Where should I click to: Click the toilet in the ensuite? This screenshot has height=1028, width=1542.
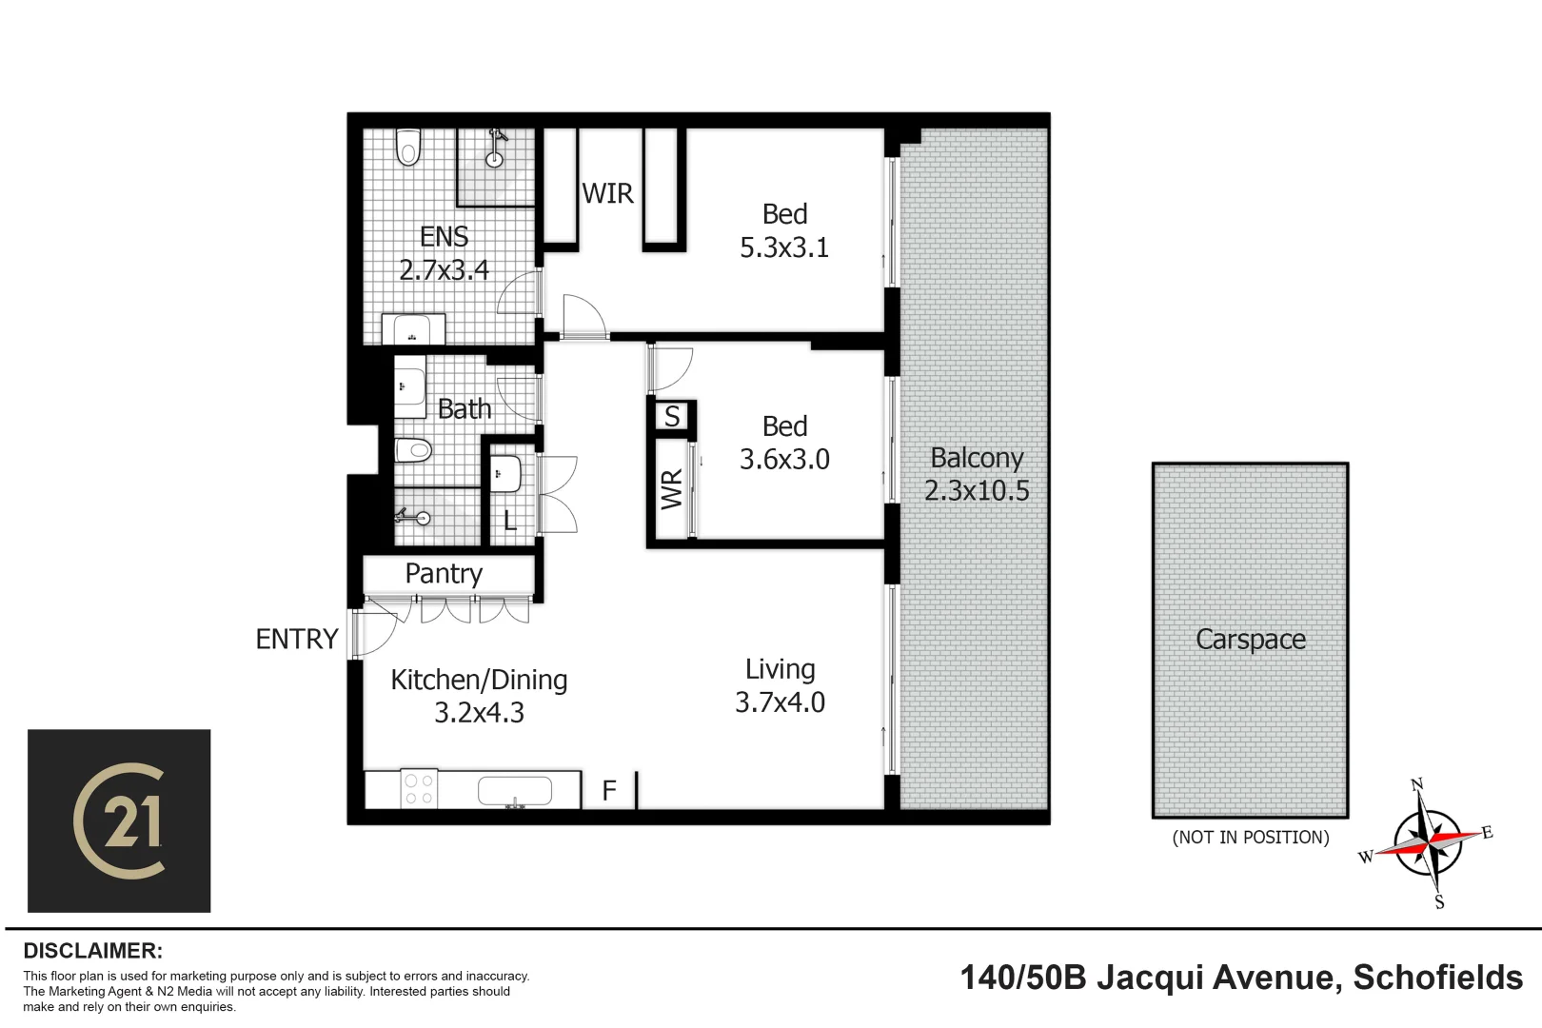point(408,148)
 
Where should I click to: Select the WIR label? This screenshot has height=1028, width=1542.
point(607,193)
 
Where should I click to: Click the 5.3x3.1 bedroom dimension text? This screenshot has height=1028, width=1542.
point(784,247)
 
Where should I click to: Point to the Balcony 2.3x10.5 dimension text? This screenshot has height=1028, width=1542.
point(977,490)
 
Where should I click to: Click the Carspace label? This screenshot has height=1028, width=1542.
point(1250,640)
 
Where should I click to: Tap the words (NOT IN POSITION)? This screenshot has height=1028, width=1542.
point(1250,838)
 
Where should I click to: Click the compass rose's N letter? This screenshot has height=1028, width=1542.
point(1416,785)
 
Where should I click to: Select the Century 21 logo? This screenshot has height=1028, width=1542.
point(119,820)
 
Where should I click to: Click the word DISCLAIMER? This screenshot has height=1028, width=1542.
point(92,951)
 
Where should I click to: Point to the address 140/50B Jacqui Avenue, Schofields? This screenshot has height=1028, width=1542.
point(1241,978)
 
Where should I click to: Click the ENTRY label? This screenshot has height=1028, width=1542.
point(297,639)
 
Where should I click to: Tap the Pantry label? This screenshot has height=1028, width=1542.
point(444,574)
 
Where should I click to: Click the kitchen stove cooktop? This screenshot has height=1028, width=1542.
point(419,789)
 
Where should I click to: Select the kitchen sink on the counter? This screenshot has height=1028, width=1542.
point(514,791)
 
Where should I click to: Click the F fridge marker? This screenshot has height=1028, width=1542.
point(609,790)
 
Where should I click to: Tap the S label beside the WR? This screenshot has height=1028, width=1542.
point(672,416)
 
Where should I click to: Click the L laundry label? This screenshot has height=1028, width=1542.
point(509,522)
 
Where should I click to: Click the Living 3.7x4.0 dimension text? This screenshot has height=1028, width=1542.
point(780,702)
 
